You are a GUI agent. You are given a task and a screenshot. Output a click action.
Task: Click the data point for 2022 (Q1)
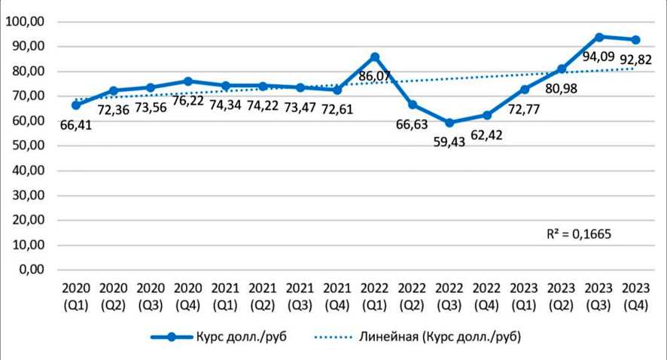pos(375,56)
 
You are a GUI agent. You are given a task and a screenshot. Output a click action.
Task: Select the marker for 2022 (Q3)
pos(449,123)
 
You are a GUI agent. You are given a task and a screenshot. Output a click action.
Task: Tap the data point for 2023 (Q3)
pos(599,37)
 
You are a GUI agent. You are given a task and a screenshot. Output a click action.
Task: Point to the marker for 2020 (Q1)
pos(76,105)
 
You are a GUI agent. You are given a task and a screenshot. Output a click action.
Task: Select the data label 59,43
pos(449,142)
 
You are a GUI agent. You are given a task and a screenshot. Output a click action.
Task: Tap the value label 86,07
pos(376,76)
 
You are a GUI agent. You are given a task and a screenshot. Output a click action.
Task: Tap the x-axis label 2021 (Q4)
pos(337,296)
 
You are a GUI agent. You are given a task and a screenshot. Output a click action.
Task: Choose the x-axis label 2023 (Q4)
pos(635,296)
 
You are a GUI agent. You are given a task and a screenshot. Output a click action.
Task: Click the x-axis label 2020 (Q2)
pos(113,296)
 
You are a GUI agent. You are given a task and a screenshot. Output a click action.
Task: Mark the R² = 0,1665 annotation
pos(578,234)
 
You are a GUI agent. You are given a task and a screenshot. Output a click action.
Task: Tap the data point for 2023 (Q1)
pos(525,90)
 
